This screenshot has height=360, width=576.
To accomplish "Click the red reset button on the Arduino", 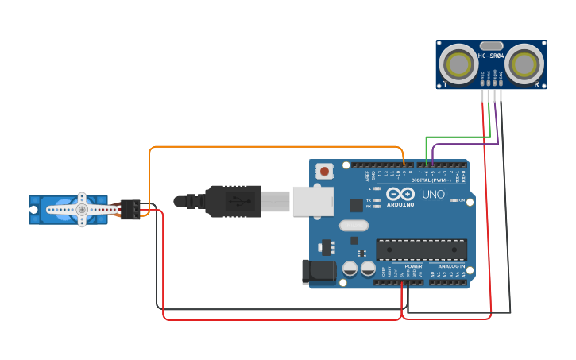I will click(324, 170).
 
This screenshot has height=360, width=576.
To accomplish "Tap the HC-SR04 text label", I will click(492, 56).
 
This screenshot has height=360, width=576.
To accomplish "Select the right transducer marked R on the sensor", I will click(525, 63).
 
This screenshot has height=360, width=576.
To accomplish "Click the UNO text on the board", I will click(433, 194).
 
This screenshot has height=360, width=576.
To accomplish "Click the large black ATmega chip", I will click(421, 249).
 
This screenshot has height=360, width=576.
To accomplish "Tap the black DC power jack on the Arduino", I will click(319, 271).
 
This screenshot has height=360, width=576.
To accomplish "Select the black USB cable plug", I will click(233, 201).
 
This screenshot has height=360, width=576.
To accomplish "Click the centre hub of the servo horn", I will click(81, 209).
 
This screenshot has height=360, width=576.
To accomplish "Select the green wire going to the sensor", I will click(457, 137).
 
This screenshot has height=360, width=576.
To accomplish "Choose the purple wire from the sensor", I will click(465, 144).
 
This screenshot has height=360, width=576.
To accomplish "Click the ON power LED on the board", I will click(452, 200).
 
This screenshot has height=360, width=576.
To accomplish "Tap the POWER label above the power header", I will click(413, 266).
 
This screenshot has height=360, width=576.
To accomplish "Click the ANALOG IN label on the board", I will click(453, 266).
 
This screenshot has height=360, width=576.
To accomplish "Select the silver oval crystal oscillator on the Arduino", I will click(354, 225).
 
